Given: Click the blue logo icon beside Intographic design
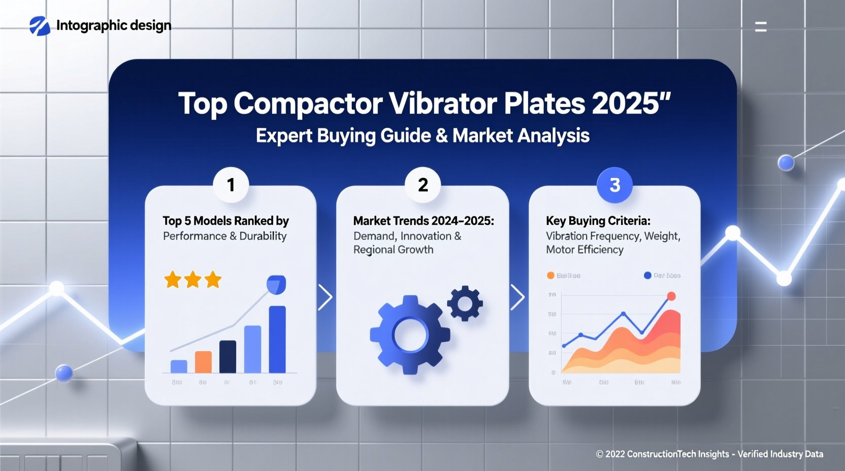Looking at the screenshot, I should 40,26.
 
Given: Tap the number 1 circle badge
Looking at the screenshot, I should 231,185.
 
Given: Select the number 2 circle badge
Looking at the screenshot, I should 423,185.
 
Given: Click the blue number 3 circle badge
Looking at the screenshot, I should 615,185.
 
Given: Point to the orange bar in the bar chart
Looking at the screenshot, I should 203,362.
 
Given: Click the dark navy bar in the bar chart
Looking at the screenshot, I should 227,356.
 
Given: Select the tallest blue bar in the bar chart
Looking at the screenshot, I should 277,339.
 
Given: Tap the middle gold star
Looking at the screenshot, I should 193,280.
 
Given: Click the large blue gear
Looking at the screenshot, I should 410,335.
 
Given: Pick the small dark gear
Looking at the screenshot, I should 465,304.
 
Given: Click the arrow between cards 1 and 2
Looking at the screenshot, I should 326,297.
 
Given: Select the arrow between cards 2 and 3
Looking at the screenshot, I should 517,297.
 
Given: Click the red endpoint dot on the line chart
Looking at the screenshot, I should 671,296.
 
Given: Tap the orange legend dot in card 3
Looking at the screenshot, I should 550,276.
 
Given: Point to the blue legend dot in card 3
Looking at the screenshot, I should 647,276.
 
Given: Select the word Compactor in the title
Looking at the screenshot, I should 308,104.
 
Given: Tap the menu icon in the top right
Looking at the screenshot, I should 761,27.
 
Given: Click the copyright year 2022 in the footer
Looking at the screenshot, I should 615,454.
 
